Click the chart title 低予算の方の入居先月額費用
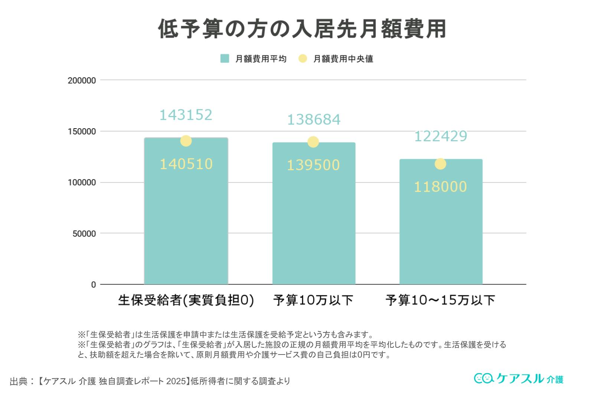(x=302, y=29)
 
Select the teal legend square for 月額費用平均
(x=225, y=59)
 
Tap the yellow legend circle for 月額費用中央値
(x=303, y=59)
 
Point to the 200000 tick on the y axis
(x=82, y=81)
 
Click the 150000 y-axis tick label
(x=82, y=132)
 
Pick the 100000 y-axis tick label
(x=82, y=183)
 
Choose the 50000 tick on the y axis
(x=84, y=234)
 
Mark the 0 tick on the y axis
(x=93, y=285)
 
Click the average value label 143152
(x=186, y=115)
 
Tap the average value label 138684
(x=314, y=120)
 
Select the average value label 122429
(x=440, y=136)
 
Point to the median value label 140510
(x=186, y=164)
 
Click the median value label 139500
(x=313, y=165)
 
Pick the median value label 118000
(x=440, y=187)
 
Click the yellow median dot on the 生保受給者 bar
(x=186, y=141)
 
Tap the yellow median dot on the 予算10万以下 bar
(x=313, y=142)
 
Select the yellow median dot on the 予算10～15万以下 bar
(x=440, y=164)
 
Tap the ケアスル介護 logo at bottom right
(x=518, y=378)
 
